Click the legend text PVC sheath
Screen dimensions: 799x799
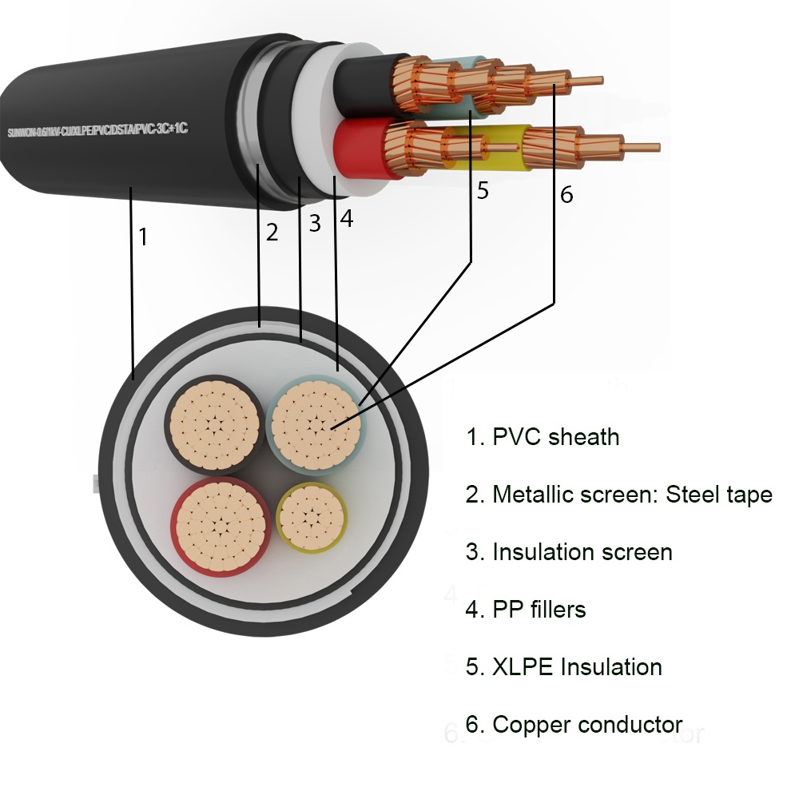click(543, 437)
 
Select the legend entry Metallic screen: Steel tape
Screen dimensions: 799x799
click(619, 495)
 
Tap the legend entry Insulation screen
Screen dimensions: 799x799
click(569, 552)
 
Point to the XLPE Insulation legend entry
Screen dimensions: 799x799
click(564, 667)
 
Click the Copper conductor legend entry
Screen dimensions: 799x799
click(574, 725)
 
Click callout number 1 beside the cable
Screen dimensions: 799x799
click(143, 237)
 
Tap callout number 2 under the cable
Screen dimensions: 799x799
click(272, 233)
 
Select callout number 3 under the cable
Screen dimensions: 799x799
click(314, 224)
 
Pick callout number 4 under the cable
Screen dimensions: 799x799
click(346, 218)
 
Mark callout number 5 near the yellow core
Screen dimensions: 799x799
click(483, 191)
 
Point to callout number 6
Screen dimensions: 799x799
click(566, 194)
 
